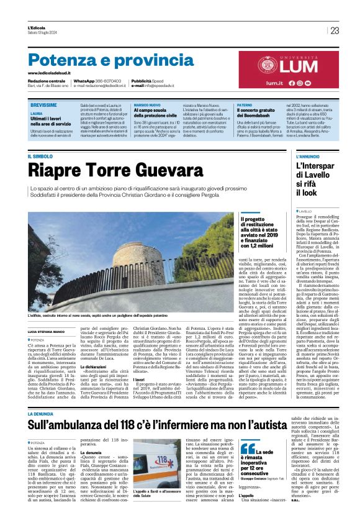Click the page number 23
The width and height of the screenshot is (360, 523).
point(335,30)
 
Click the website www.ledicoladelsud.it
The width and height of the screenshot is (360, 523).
point(52,73)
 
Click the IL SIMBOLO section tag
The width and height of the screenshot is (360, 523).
point(41,156)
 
